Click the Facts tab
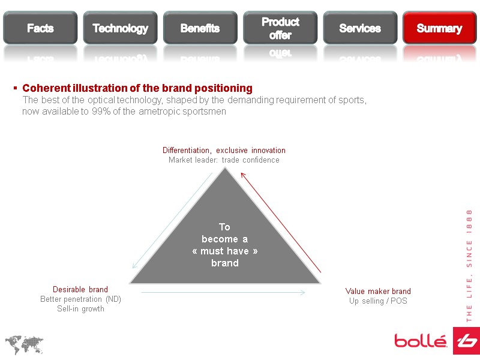tap(40, 28)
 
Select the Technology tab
tap(120, 28)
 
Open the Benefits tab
tap(200, 28)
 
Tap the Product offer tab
tap(280, 28)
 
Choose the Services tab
tap(360, 28)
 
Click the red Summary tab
tap(439, 28)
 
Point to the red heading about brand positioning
tap(137, 88)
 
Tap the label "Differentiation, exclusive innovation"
tap(224, 150)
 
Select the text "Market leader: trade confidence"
tap(224, 160)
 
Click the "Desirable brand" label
tap(80, 290)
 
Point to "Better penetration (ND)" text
tap(80, 299)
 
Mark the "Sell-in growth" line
tap(80, 309)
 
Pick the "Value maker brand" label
tap(378, 292)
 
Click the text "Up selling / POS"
tap(378, 301)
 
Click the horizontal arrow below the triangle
tap(223, 293)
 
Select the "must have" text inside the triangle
tap(225, 251)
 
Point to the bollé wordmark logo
tap(420, 341)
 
